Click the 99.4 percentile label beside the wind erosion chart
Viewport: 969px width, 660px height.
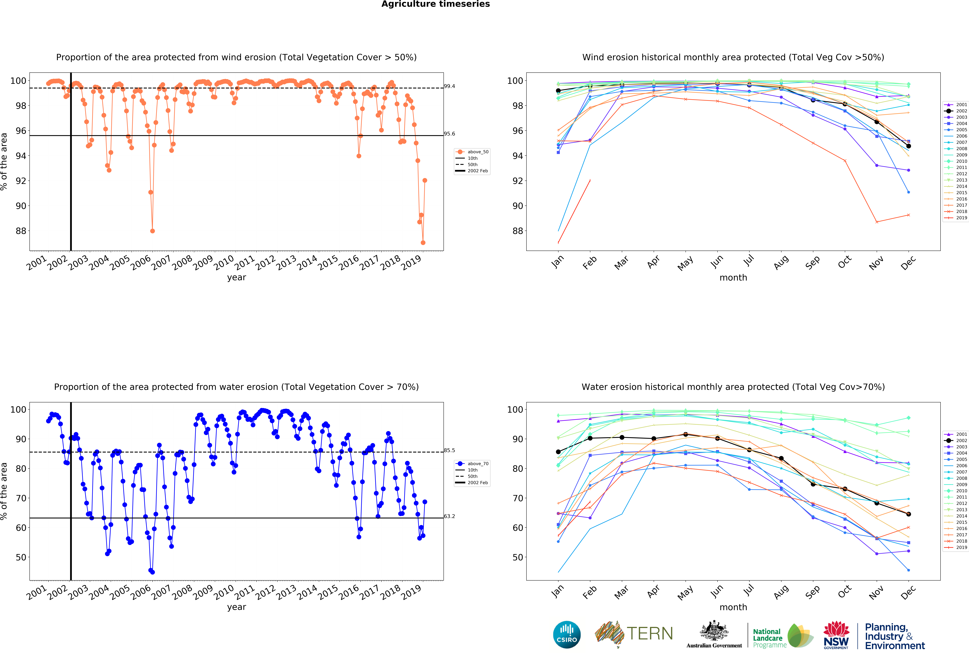click(450, 86)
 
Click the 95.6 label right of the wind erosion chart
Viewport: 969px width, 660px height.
click(450, 134)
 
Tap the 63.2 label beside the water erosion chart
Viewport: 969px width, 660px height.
click(450, 516)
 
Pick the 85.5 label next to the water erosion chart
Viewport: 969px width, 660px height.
click(450, 450)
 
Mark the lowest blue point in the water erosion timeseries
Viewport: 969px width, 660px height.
click(153, 572)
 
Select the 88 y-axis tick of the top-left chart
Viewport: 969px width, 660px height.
click(21, 231)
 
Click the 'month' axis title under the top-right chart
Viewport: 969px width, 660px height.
click(733, 277)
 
